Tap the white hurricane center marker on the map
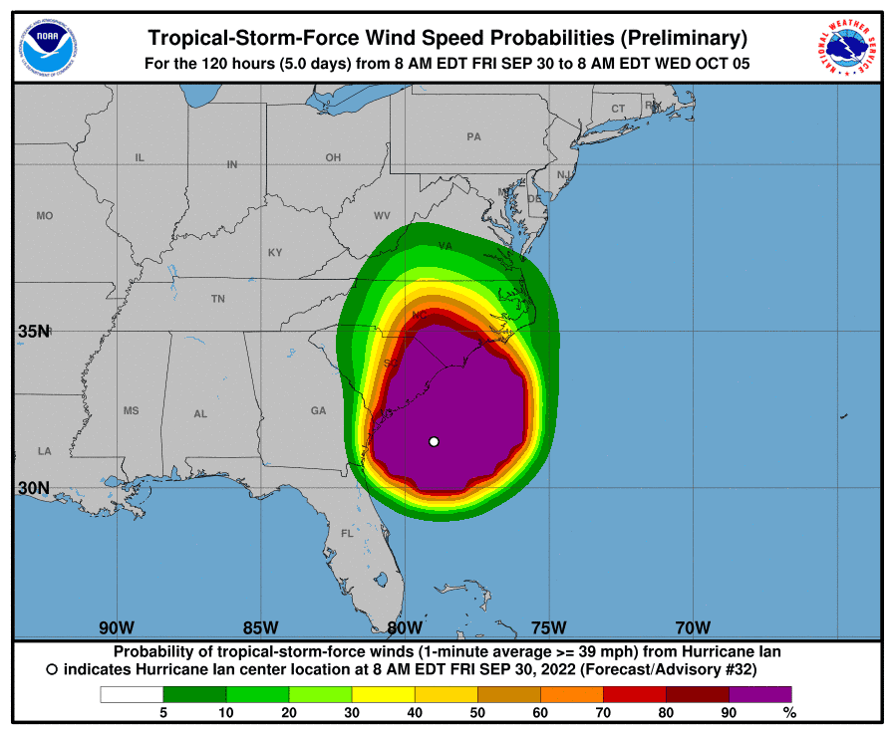tap(434, 441)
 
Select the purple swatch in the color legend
tap(759, 694)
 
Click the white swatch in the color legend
tap(131, 694)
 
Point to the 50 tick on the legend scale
tap(477, 712)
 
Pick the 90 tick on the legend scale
tap(729, 712)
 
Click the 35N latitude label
tap(33, 332)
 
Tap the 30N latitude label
tap(33, 488)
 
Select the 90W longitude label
tap(117, 627)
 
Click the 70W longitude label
tap(693, 627)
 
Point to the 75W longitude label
tap(548, 627)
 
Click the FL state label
tap(347, 533)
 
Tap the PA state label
tap(473, 136)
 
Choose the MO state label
tap(44, 215)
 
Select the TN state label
tap(217, 299)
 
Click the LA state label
tap(44, 451)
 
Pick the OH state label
tap(333, 157)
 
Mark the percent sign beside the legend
tap(789, 712)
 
